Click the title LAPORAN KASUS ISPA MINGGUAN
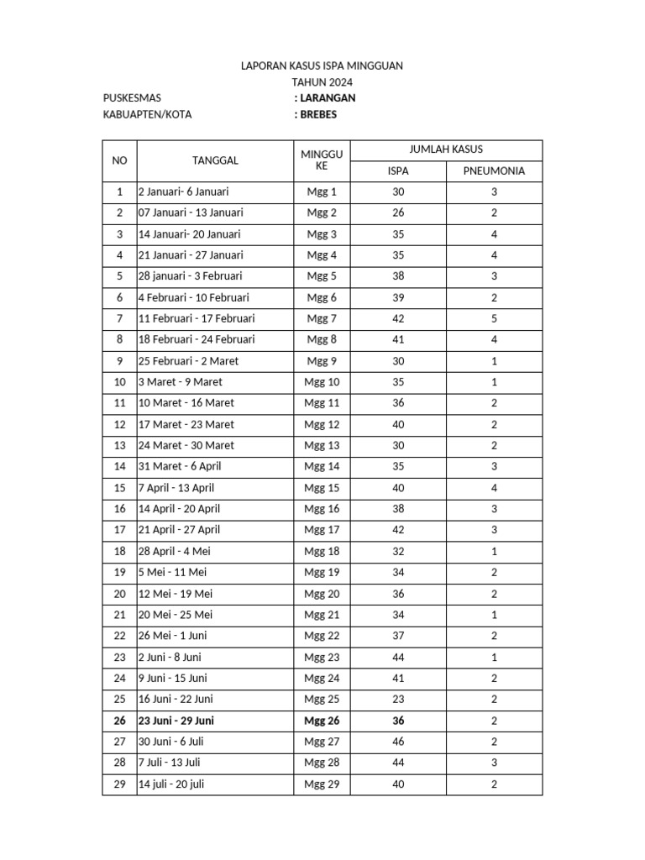[322, 66]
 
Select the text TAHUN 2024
[322, 82]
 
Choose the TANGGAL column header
[215, 160]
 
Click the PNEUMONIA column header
[494, 170]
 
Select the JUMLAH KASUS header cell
[446, 150]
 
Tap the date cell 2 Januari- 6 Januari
[183, 192]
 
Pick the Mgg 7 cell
[322, 319]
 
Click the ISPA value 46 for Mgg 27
[398, 742]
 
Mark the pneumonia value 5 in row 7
[494, 319]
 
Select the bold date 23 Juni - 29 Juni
[176, 721]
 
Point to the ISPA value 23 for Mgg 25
[398, 700]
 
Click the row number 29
[119, 784]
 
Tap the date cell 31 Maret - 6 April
[180, 467]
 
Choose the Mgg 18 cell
[322, 552]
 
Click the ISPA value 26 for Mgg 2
[398, 213]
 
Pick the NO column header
[119, 160]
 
